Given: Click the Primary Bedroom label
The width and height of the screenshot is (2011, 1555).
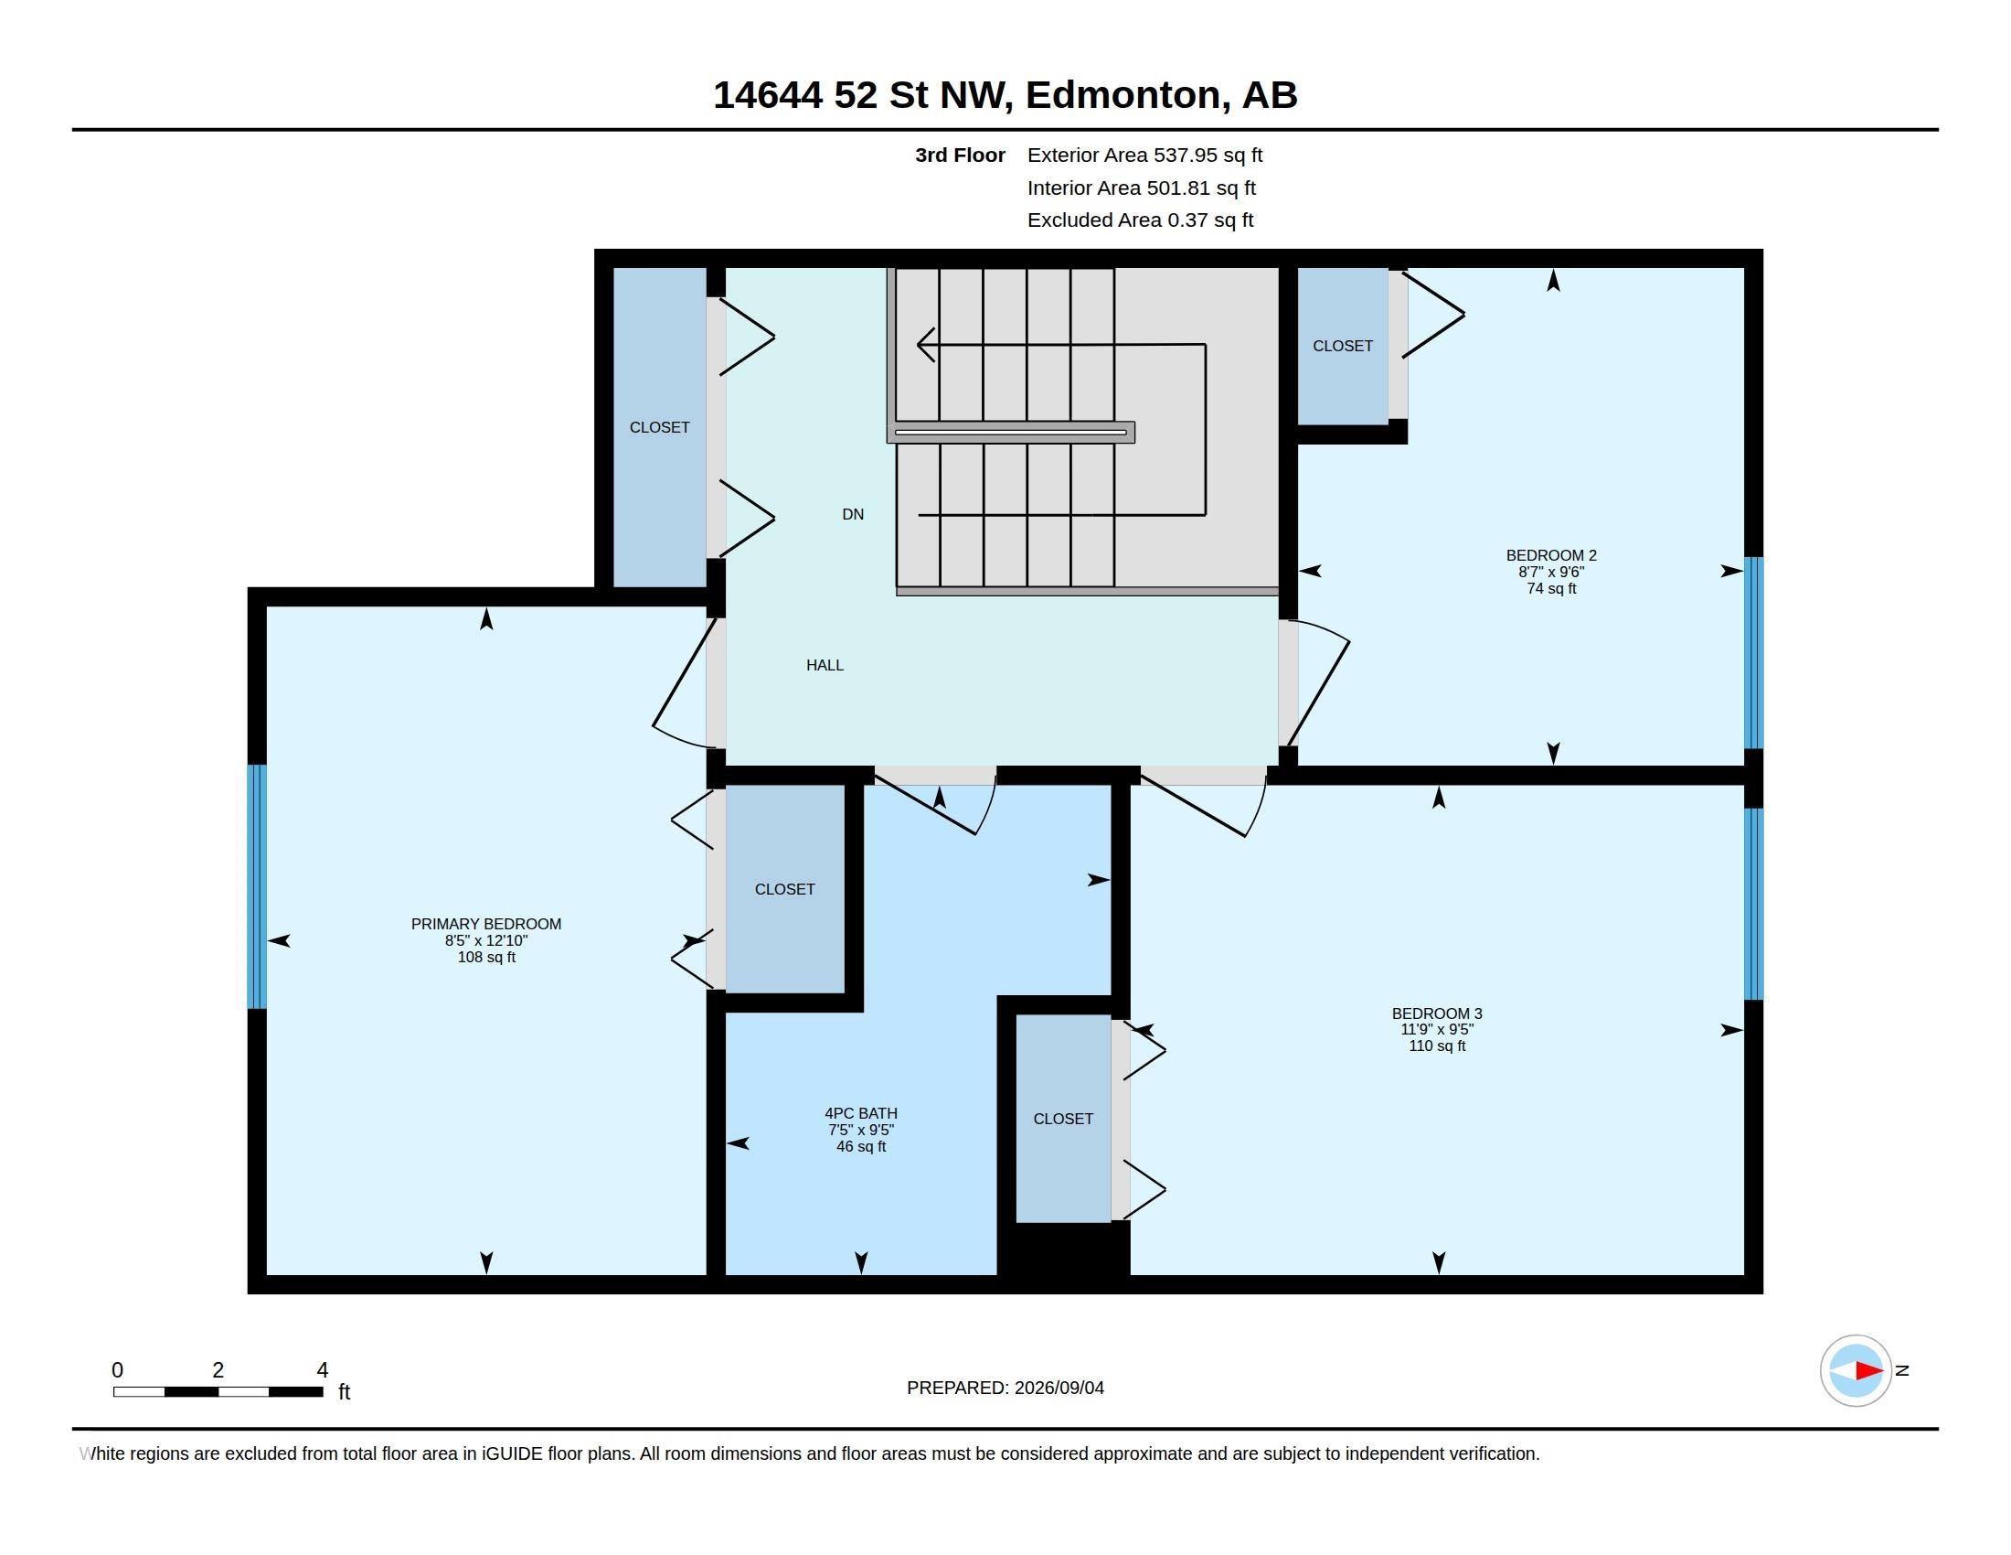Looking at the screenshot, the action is (x=486, y=924).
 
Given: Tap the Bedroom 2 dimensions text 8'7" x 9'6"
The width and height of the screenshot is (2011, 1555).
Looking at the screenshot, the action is (x=1551, y=572).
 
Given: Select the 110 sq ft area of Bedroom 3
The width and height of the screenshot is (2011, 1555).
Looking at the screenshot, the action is (x=1436, y=1046).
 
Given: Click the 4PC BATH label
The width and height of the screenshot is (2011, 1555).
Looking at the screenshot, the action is (x=861, y=1113).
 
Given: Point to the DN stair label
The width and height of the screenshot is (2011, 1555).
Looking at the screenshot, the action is (x=853, y=514).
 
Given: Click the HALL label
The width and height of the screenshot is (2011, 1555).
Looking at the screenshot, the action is (x=825, y=665).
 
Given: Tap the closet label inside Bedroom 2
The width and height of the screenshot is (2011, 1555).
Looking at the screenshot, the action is (x=1343, y=346).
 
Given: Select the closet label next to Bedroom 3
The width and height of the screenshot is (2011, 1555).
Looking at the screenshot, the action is (x=1063, y=1119).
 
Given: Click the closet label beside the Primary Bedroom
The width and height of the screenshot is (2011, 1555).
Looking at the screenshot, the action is (x=784, y=889).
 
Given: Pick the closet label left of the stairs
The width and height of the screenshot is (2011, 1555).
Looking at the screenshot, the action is (x=659, y=427).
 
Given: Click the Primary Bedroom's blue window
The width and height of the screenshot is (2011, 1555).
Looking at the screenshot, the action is (x=257, y=886).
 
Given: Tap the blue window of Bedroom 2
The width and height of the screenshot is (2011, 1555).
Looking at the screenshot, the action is (x=1754, y=653).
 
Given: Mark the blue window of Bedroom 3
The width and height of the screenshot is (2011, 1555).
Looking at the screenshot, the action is (x=1754, y=904).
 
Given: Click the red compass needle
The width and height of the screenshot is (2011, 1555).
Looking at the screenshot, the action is (x=1868, y=1371).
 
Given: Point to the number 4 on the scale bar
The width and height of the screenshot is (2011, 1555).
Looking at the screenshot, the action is (x=323, y=1370).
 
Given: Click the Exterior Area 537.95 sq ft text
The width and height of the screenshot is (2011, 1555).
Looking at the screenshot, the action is (x=1144, y=155).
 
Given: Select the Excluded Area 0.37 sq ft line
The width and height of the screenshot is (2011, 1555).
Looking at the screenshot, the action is (x=1140, y=220).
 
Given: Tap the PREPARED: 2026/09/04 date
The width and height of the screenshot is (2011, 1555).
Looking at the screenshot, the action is (x=1005, y=1388).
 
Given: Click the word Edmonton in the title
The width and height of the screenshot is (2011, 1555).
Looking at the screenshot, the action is (x=1128, y=96).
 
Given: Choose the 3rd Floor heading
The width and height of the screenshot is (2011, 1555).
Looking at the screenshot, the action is (x=961, y=155).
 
